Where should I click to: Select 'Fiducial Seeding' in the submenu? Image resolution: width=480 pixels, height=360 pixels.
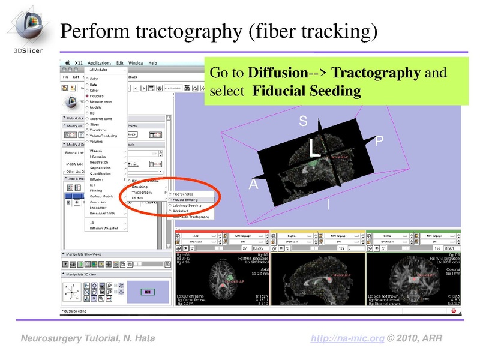[x=185, y=199]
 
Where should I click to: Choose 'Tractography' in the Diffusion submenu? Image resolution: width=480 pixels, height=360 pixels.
[x=142, y=193]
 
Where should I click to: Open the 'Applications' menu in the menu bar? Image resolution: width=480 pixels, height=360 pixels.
[x=99, y=63]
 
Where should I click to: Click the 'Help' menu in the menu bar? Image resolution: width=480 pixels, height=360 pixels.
[x=152, y=63]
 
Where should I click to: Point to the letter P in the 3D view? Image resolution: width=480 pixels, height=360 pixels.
[x=379, y=142]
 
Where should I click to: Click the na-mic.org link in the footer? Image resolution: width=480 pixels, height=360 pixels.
[x=348, y=339]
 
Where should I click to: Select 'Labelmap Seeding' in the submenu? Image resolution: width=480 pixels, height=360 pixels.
[x=187, y=205]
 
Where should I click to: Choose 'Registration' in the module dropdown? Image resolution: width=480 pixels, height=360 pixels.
[x=99, y=162]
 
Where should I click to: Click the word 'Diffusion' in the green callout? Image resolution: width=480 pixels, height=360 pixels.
[x=276, y=73]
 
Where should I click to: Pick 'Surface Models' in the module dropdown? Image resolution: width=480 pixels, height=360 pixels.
[x=103, y=196]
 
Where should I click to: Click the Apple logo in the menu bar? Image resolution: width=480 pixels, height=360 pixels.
[x=70, y=63]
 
